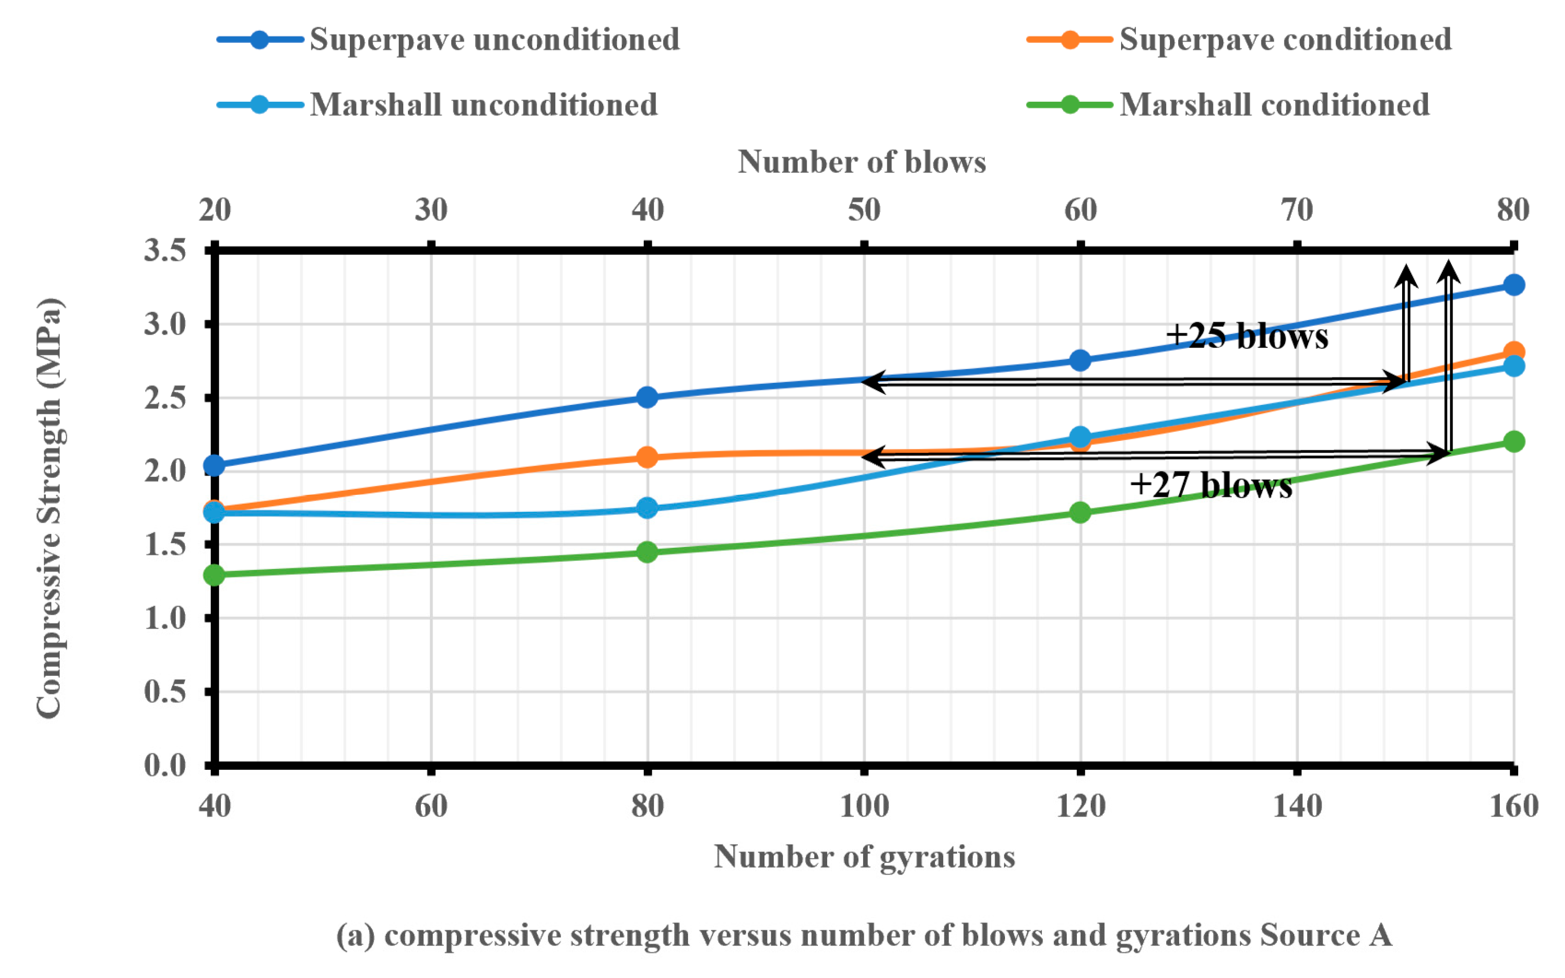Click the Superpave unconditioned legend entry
(x=494, y=40)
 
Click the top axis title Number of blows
(x=862, y=162)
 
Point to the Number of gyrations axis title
(x=864, y=857)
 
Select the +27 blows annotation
(x=1210, y=485)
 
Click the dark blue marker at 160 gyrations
(x=1513, y=285)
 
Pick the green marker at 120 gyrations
(x=1080, y=513)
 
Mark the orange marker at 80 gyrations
(x=647, y=458)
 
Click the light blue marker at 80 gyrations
(x=647, y=508)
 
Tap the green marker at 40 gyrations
(x=214, y=575)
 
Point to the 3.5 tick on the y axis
(x=165, y=250)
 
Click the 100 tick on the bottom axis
(x=864, y=806)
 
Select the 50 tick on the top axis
(x=864, y=210)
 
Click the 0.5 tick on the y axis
(x=165, y=692)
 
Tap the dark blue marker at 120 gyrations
(x=1080, y=360)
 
